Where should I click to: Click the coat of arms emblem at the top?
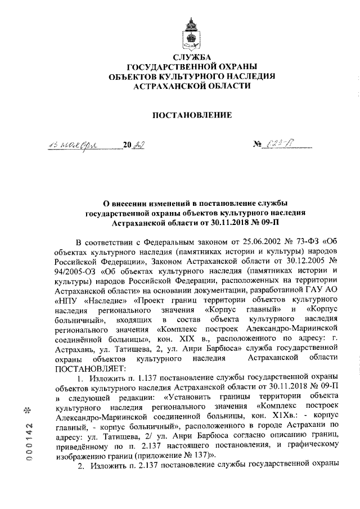pyautogui.click(x=194, y=33)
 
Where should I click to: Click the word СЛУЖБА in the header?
pyautogui.click(x=194, y=57)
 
